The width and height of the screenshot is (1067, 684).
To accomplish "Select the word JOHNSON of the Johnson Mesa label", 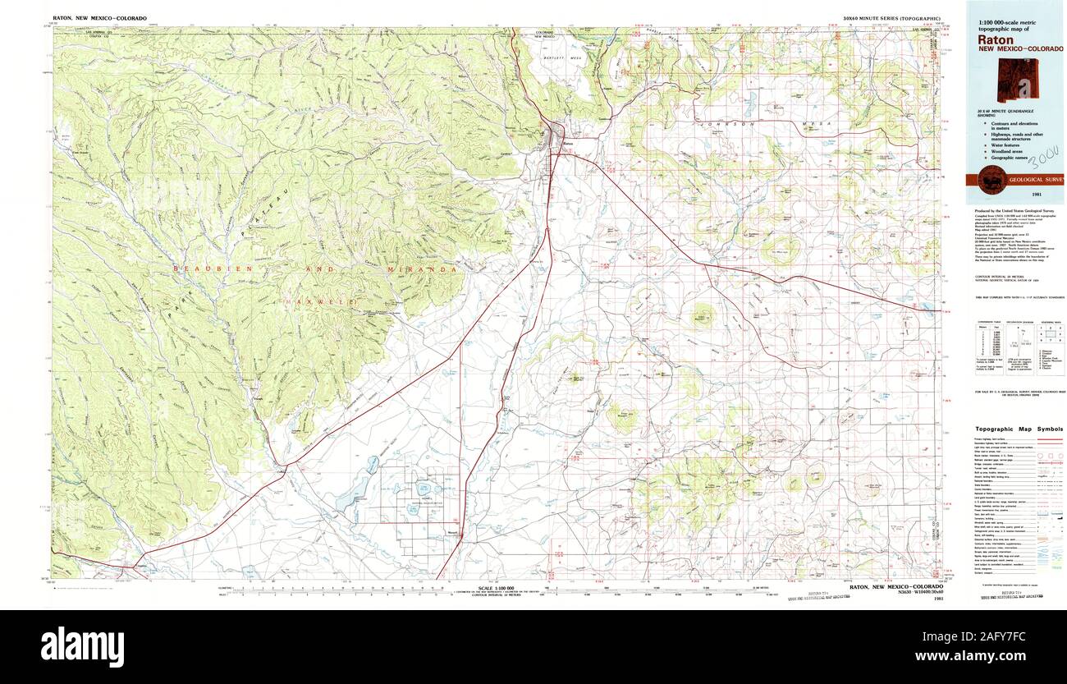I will [x=717, y=123].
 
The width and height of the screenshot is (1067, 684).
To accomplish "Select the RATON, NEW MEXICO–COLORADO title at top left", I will [x=94, y=17].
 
